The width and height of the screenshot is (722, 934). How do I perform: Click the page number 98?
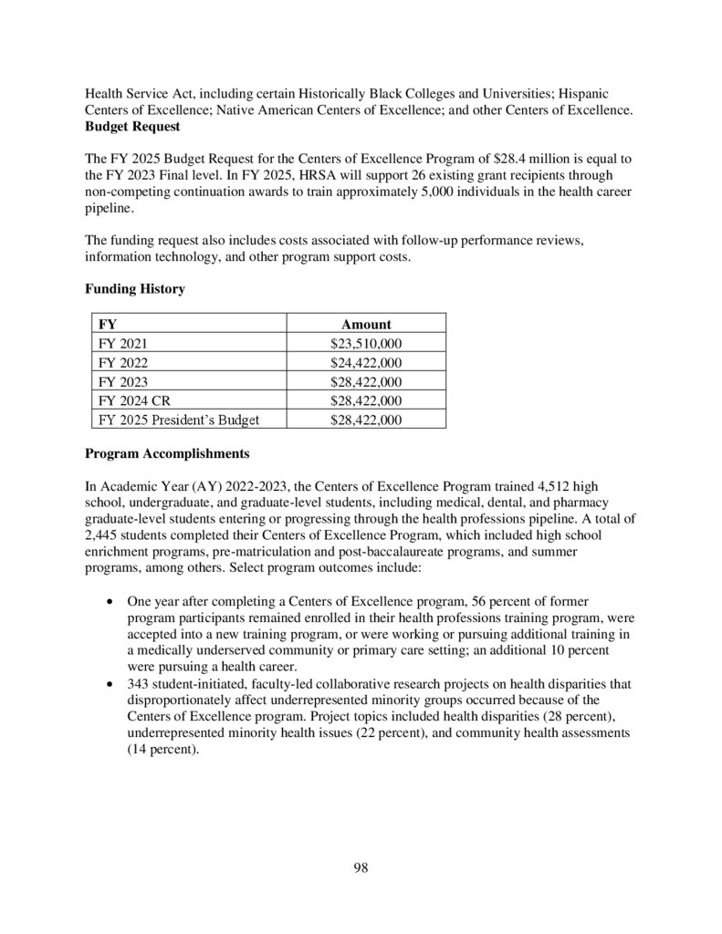(x=361, y=867)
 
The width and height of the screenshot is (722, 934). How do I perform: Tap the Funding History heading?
(x=135, y=289)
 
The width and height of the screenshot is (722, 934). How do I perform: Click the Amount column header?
(x=366, y=324)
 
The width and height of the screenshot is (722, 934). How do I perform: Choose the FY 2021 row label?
(x=121, y=344)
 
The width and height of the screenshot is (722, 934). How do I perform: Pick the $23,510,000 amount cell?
(x=366, y=344)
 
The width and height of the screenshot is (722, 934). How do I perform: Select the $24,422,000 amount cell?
(x=366, y=363)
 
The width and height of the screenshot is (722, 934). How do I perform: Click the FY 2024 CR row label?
(x=132, y=400)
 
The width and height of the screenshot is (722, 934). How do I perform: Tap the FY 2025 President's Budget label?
(x=178, y=420)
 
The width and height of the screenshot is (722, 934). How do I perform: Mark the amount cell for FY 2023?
(x=366, y=381)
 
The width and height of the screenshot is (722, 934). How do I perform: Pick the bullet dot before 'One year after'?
(x=110, y=602)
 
